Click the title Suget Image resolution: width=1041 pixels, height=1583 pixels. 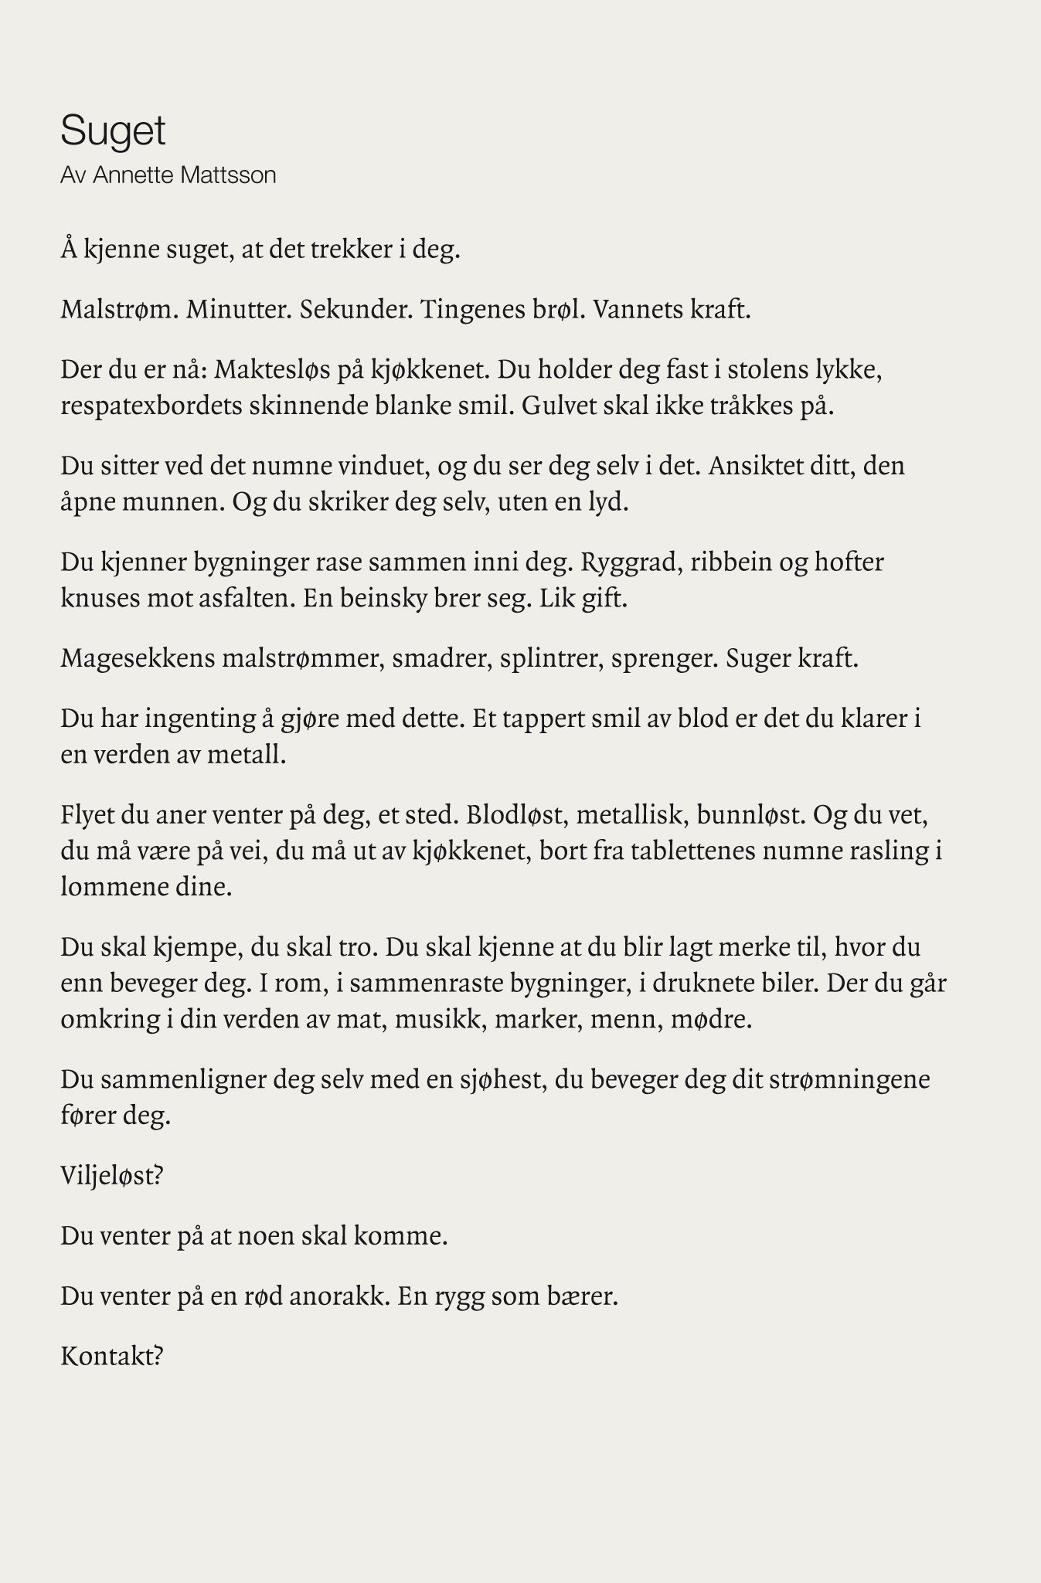click(x=113, y=131)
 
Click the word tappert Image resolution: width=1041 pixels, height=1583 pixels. click(x=544, y=718)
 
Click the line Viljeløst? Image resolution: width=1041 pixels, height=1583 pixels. click(x=112, y=1176)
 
